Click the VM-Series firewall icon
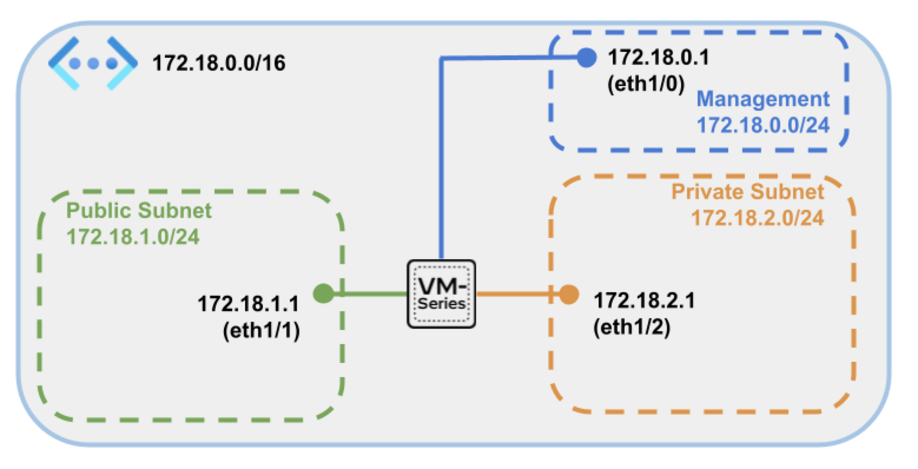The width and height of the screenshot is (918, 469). point(441,293)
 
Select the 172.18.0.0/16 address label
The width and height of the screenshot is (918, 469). point(219,63)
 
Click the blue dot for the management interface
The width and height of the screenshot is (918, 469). point(586,58)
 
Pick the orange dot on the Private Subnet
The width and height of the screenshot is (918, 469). point(568,294)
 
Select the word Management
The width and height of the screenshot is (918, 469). point(763,99)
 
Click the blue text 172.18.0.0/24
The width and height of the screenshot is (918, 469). point(763,125)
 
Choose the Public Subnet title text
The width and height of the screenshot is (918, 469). point(138,210)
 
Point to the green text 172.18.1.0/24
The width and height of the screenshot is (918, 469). point(133,236)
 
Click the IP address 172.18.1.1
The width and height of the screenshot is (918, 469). point(248,304)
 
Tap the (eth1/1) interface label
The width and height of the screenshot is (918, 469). point(262,331)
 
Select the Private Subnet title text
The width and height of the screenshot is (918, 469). point(748,192)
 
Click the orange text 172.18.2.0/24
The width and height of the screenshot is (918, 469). point(757,218)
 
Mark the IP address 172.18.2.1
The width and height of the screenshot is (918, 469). point(644,300)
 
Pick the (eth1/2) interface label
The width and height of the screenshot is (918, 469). point(632,327)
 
